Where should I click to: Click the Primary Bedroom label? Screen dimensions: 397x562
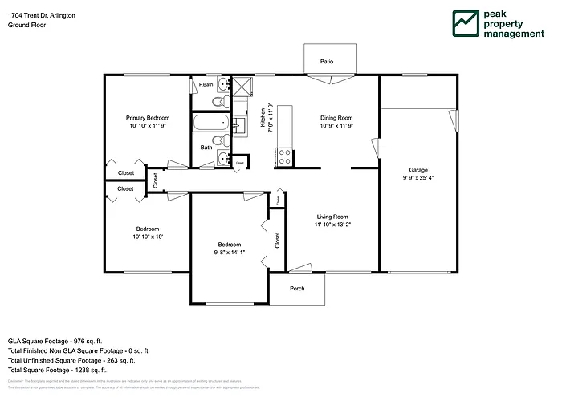pos(147,118)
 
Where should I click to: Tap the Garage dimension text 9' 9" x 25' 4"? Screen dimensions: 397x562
pos(418,178)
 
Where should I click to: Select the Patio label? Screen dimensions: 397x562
pos(327,61)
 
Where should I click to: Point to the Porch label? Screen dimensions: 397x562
pos(297,289)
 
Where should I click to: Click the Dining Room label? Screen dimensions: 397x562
pos(336,118)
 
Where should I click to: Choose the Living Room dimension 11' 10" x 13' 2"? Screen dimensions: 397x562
pos(332,225)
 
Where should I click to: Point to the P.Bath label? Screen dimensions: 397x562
pos(206,84)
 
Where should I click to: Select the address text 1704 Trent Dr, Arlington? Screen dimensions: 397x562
pos(43,15)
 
